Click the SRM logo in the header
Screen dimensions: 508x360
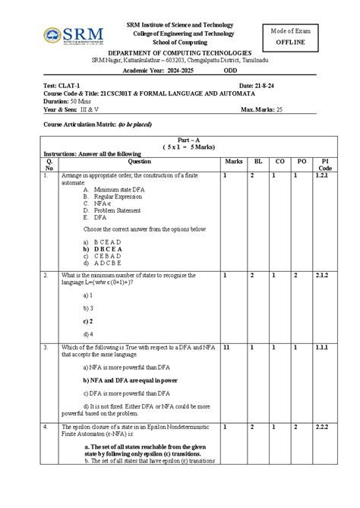pos(69,36)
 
